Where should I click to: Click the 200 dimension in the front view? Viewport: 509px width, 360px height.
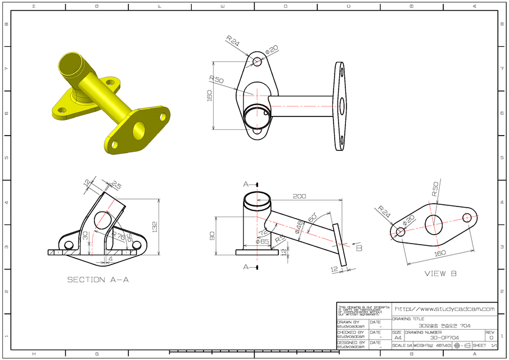coord(299,196)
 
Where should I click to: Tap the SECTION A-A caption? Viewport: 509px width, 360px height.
coord(98,280)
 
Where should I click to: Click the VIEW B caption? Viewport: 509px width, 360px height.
coord(440,273)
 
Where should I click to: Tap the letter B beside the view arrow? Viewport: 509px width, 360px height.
coord(359,248)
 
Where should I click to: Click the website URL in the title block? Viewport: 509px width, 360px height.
coord(444,309)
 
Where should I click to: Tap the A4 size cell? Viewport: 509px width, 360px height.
coord(398,337)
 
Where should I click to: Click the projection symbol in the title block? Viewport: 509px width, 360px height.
coord(462,345)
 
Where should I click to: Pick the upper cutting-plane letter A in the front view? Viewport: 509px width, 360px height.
coord(246,184)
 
